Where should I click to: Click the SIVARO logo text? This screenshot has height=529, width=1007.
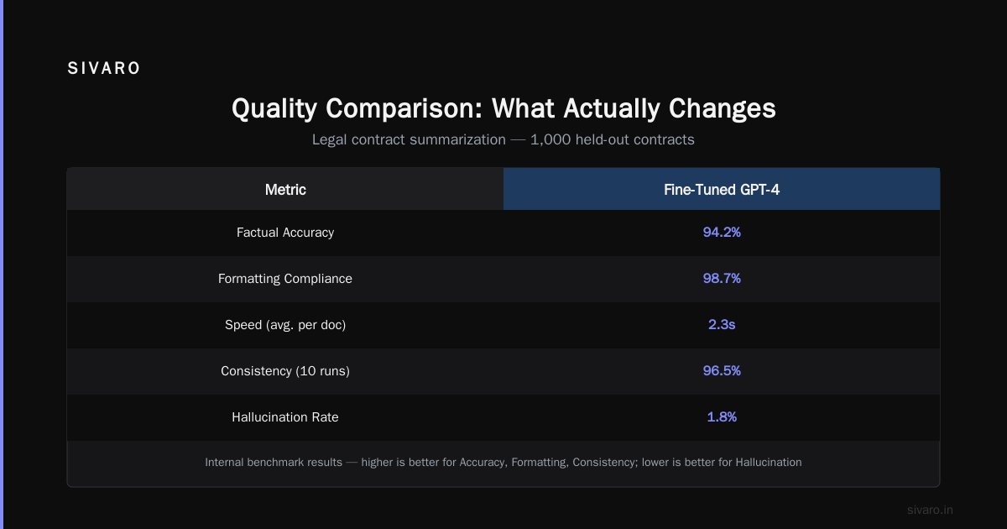103,68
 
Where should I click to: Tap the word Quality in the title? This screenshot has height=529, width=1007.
274,109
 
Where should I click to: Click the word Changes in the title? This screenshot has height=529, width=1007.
722,108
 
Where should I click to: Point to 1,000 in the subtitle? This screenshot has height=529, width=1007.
550,140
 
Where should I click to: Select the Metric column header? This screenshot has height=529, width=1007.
285,190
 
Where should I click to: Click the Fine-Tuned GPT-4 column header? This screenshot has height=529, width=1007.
722,190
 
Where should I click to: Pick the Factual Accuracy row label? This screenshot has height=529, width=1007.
285,233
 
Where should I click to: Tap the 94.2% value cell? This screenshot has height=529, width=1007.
722,232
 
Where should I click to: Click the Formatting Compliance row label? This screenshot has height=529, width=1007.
285,279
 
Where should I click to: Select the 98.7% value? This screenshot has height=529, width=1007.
722,279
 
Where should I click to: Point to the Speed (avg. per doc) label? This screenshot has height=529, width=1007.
285,325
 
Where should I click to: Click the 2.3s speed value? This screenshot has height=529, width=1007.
722,324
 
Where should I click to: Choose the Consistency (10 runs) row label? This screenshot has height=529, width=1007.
285,371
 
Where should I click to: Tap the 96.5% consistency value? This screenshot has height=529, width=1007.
722,370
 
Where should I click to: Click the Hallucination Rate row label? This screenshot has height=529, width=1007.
285,417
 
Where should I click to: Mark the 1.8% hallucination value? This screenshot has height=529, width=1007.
722,417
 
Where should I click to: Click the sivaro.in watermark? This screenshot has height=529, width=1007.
930,510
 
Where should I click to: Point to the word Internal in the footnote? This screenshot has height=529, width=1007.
224,462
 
